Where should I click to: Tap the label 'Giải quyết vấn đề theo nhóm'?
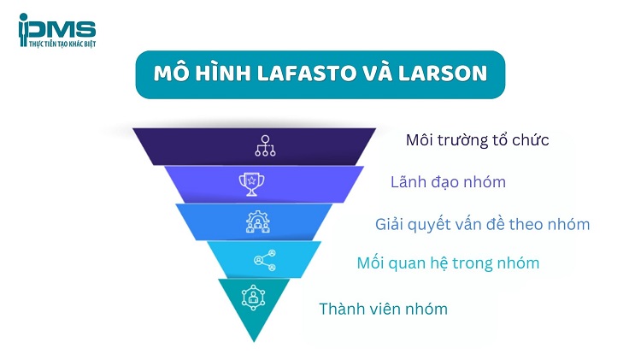click(483, 224)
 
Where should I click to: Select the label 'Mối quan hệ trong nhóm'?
click(448, 263)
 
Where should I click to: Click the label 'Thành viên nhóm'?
click(383, 309)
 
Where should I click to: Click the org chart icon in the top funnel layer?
click(265, 146)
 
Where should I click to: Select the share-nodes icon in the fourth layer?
click(259, 260)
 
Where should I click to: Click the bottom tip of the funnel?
click(253, 339)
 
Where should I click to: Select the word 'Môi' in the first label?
click(420, 139)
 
